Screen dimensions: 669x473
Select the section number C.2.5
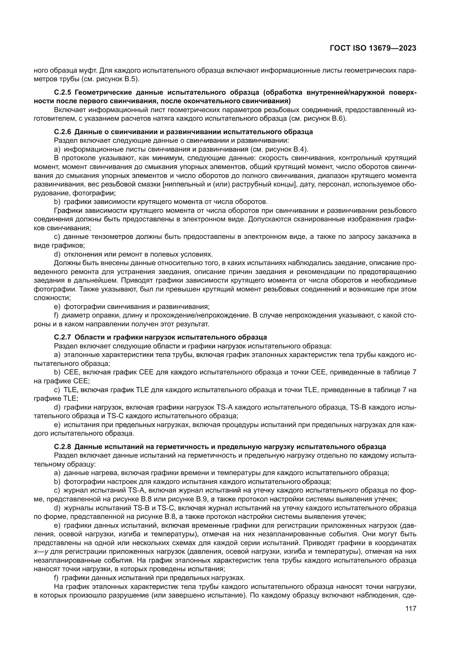point(63,93)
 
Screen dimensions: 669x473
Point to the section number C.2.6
point(63,132)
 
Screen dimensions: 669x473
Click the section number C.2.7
point(63,338)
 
